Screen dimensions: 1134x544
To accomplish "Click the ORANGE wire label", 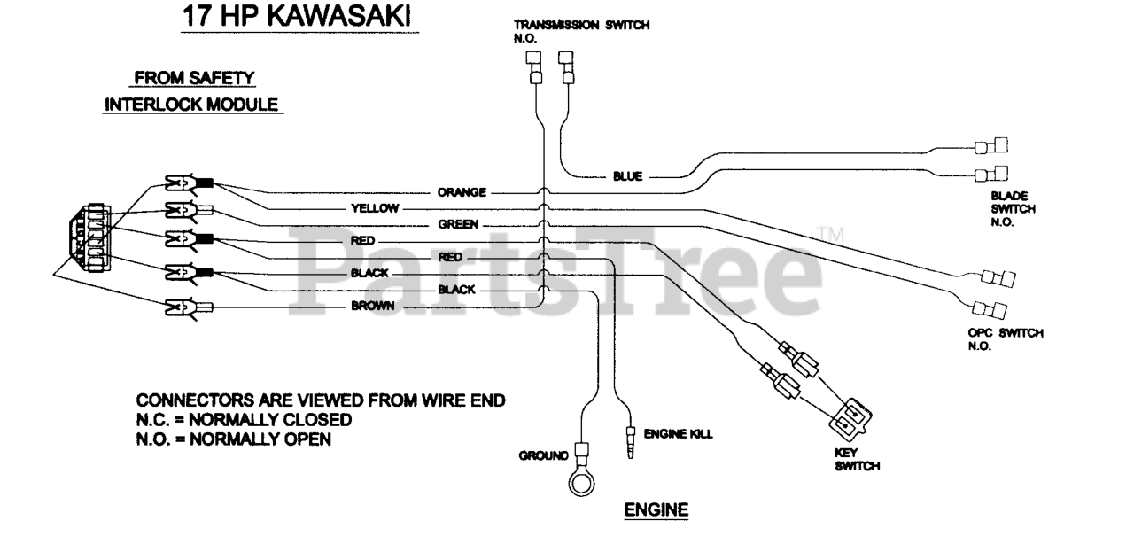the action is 462,192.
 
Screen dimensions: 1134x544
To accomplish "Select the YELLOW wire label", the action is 375,208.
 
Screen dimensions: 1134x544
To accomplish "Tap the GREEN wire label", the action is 458,224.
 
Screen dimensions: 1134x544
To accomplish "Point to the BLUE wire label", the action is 628,176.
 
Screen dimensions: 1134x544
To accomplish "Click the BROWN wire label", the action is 373,306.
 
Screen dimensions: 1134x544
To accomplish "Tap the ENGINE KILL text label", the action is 678,434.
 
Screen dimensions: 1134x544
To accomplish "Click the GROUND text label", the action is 543,456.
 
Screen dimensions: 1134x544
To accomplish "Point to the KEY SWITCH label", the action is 857,460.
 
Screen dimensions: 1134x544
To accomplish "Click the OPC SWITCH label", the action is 1006,339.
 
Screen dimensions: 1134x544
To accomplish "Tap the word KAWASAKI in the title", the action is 338,16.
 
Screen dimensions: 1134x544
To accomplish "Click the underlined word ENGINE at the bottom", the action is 656,509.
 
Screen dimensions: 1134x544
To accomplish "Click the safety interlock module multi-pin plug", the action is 90,237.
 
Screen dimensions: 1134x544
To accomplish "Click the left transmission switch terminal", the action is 534,67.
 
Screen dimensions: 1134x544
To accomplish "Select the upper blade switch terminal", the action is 991,146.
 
